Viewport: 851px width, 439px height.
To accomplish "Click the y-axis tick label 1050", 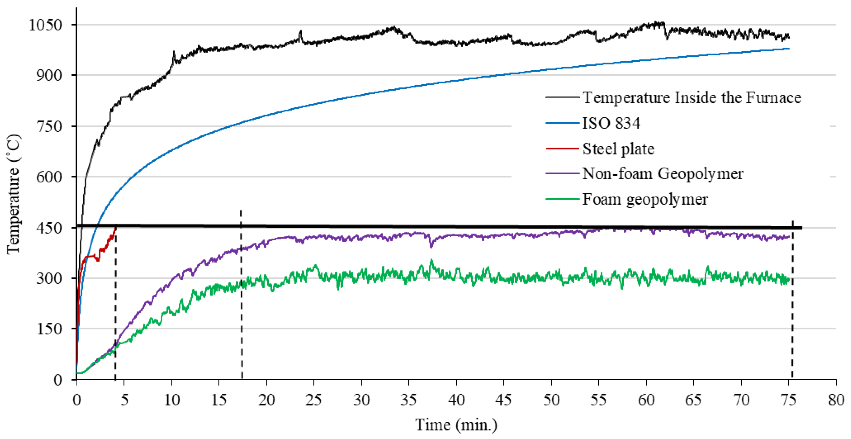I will [45, 25].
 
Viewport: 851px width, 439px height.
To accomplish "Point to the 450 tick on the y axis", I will [49, 228].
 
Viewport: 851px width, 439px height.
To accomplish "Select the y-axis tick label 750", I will [49, 127].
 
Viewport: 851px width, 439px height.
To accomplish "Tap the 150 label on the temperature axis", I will [49, 329].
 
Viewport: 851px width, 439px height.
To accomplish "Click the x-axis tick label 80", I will [836, 400].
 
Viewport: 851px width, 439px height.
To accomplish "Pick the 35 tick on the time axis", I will [409, 400].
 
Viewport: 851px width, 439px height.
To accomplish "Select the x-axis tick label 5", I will [124, 400].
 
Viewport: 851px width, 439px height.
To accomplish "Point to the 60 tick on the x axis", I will [646, 400].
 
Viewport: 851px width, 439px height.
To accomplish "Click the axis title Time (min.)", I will [456, 425].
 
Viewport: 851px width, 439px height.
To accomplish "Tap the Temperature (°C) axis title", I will [13, 194].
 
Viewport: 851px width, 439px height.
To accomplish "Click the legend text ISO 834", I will [611, 123].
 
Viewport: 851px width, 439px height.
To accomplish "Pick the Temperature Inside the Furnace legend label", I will [692, 98].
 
